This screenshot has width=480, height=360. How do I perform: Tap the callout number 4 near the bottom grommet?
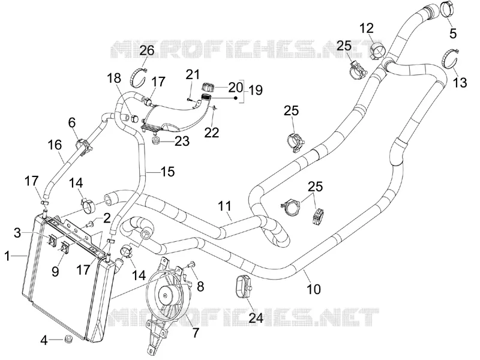pos(44,340)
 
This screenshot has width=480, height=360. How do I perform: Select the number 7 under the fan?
pos(196,332)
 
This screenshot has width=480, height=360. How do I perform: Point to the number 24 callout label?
pos(256,318)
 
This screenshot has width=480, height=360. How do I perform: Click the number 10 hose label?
pos(314,289)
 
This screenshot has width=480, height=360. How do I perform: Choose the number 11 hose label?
pos(224,206)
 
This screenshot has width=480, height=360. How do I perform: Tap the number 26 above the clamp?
pos(147,50)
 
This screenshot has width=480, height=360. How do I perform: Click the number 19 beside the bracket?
pos(256,90)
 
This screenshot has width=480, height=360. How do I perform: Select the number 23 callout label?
pos(182,141)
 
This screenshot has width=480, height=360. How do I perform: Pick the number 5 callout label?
pos(453,33)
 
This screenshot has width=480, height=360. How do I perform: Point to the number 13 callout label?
pos(460,82)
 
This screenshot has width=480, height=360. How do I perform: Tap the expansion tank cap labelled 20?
pos(208,87)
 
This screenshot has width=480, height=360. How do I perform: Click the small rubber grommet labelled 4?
pos(69,339)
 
